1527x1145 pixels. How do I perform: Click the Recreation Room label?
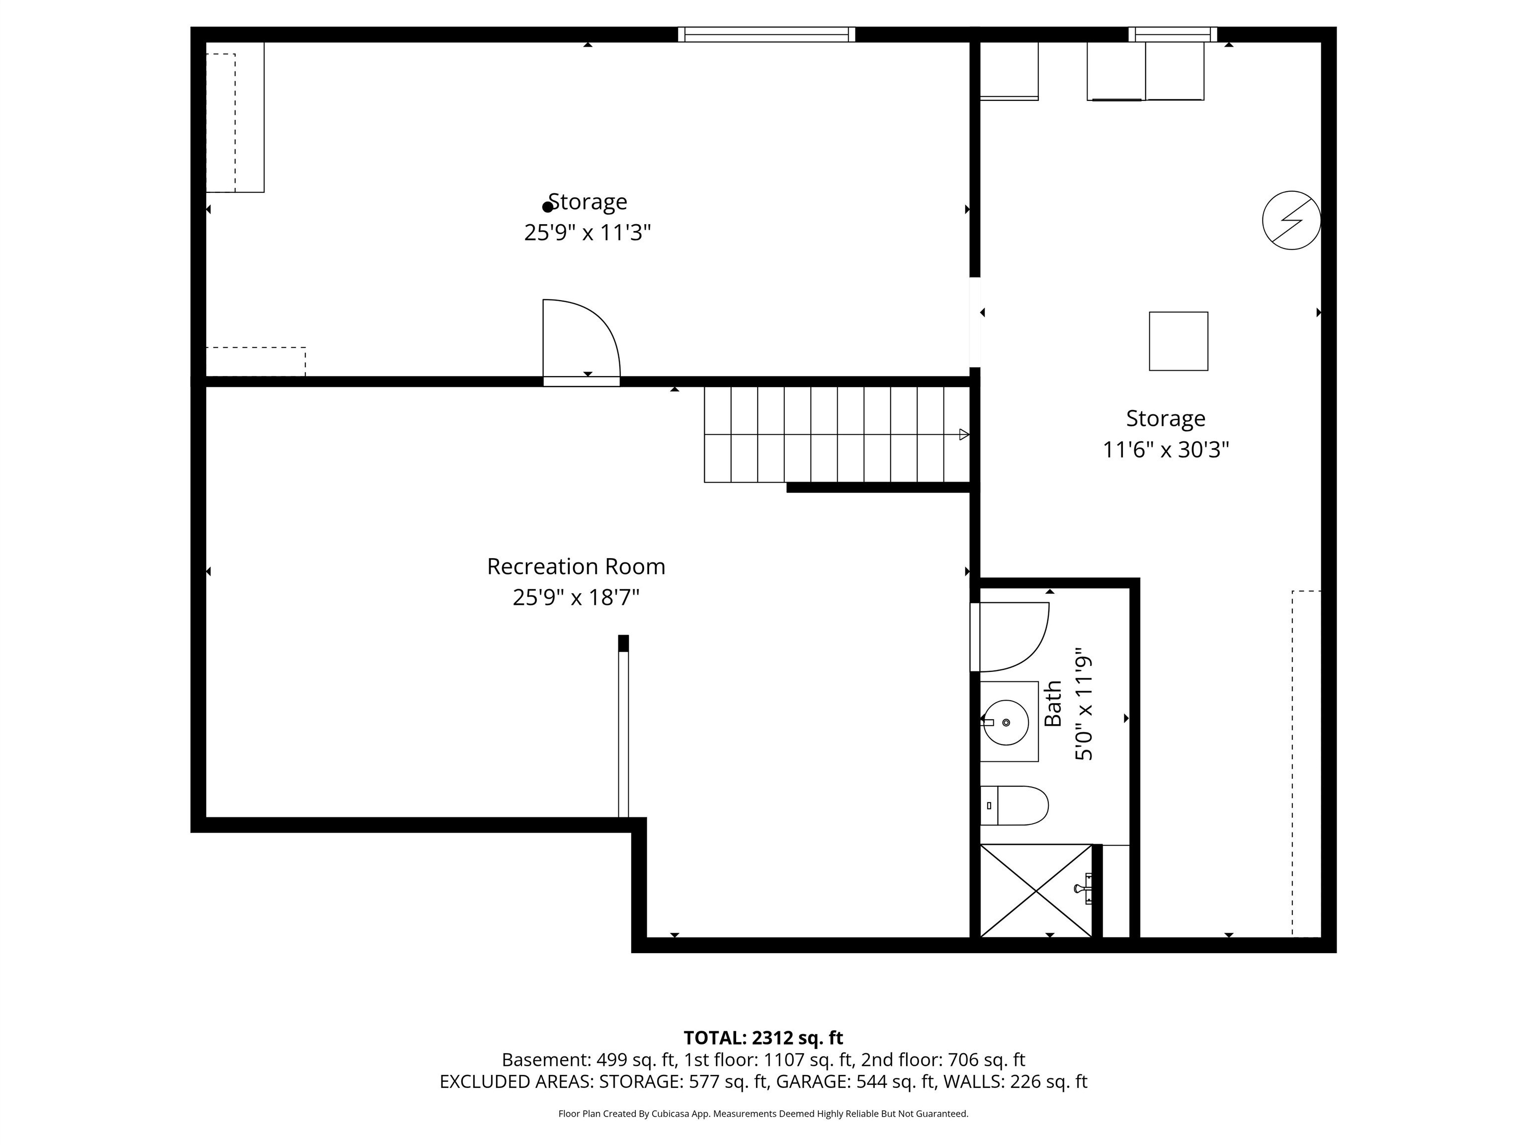pyautogui.click(x=576, y=566)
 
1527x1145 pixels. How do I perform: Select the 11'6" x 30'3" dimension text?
pyautogui.click(x=1165, y=450)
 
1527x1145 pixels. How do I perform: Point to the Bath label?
pyautogui.click(x=1053, y=704)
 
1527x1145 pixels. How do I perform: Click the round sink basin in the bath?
pyautogui.click(x=1005, y=722)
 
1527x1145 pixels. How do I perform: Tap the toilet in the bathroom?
pyautogui.click(x=1015, y=806)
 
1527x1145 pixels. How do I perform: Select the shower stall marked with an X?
pyautogui.click(x=1035, y=891)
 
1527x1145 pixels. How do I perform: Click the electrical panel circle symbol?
pyautogui.click(x=1291, y=220)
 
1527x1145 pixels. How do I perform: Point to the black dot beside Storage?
pyautogui.click(x=547, y=206)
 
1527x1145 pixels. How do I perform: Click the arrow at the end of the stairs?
pyautogui.click(x=964, y=434)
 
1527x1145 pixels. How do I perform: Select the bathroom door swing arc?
pyautogui.click(x=1015, y=636)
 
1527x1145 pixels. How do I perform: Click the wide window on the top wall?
pyautogui.click(x=766, y=34)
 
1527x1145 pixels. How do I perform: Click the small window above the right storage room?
pyautogui.click(x=1172, y=34)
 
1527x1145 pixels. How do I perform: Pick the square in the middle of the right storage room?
pyautogui.click(x=1179, y=341)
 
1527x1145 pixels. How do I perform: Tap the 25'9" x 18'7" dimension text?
pyautogui.click(x=576, y=597)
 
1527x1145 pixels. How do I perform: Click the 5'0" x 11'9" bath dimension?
pyautogui.click(x=1084, y=708)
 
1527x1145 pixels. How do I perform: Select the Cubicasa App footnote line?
pyautogui.click(x=763, y=1113)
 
